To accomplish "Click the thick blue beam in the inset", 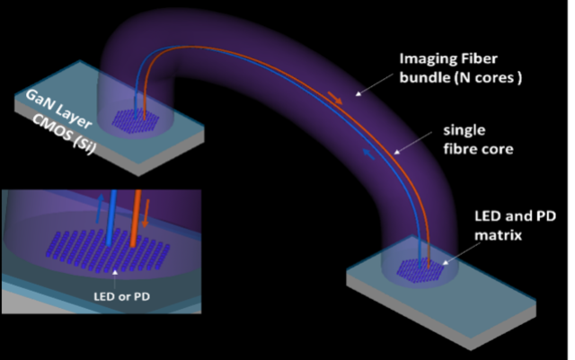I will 110,214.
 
